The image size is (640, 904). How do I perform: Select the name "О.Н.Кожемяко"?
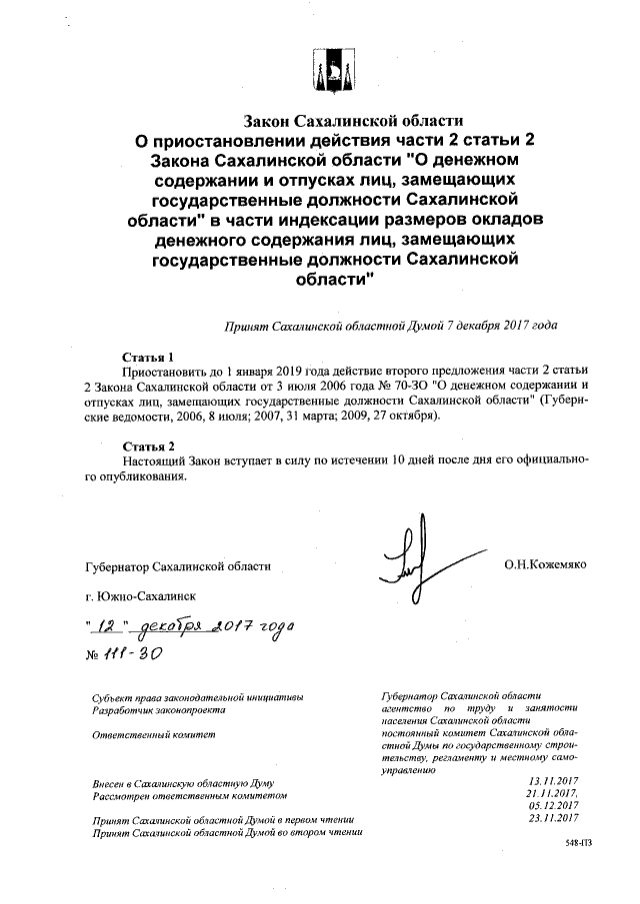[x=545, y=565]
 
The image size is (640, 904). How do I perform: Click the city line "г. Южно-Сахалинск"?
[x=141, y=596]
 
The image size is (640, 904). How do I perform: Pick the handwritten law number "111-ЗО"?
[x=132, y=650]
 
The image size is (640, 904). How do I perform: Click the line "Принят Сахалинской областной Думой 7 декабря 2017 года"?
[x=391, y=326]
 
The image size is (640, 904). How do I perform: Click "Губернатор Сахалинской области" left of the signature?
[x=179, y=567]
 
